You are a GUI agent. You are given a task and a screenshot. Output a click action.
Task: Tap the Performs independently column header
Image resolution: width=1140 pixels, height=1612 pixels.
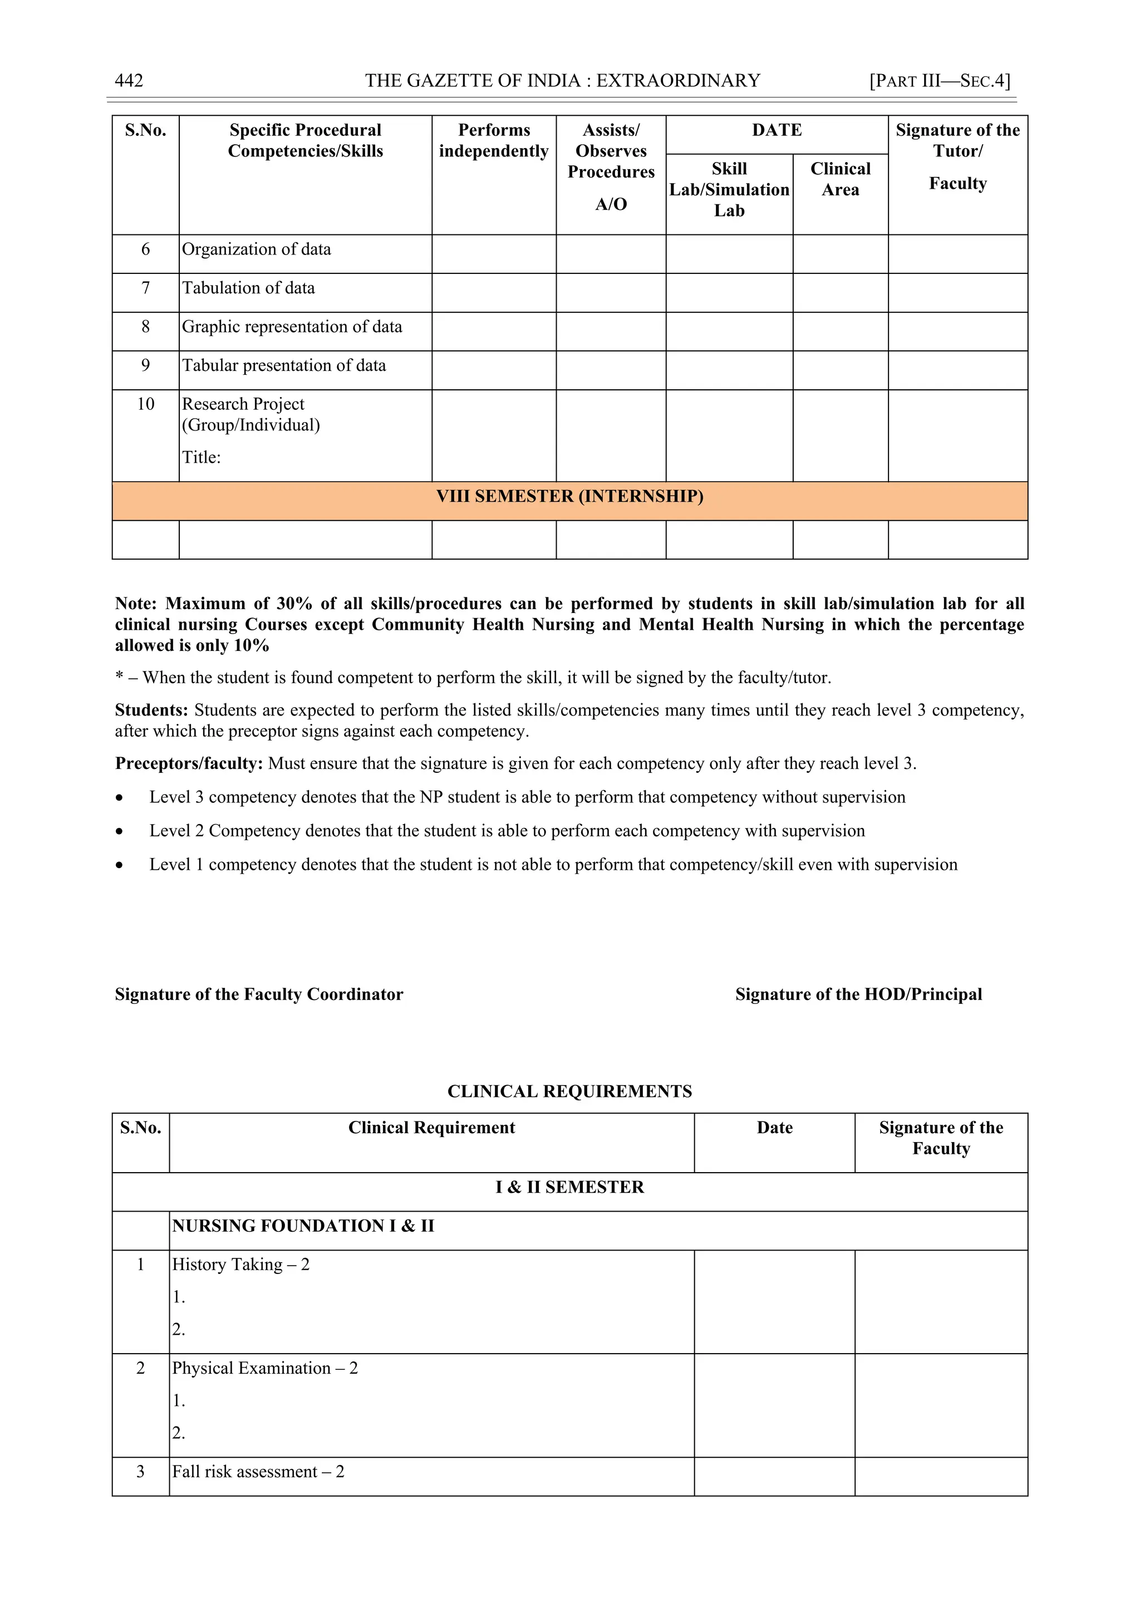tap(494, 140)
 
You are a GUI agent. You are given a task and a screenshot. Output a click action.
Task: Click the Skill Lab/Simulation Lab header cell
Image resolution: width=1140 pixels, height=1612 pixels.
tap(729, 189)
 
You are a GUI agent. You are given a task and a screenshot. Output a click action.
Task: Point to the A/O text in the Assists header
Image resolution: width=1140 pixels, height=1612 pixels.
tap(611, 204)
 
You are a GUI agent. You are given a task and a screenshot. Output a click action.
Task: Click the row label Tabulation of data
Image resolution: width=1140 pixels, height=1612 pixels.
tap(248, 288)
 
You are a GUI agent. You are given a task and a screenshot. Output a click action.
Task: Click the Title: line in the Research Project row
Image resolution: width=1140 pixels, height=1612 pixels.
tap(202, 458)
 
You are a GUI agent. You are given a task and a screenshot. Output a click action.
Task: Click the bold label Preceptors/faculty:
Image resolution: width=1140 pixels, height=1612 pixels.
tap(189, 763)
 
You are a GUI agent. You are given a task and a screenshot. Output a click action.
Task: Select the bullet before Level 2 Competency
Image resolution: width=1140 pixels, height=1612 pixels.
tap(120, 831)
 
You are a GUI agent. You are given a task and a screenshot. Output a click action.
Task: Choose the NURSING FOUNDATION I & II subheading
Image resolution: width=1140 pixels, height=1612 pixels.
tap(303, 1226)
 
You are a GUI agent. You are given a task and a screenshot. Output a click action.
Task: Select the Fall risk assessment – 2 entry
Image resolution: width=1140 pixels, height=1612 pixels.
tap(258, 1472)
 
